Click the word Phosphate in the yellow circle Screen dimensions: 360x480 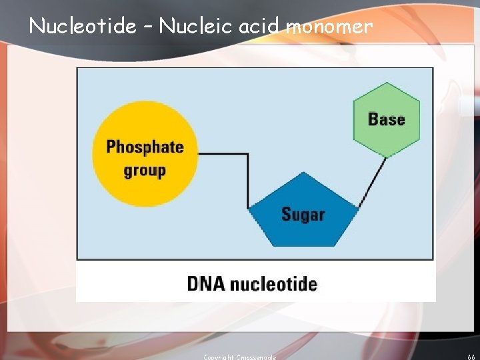pyautogui.click(x=145, y=147)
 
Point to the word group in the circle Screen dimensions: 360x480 pyautogui.click(x=145, y=171)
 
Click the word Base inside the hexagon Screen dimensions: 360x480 pyautogui.click(x=387, y=119)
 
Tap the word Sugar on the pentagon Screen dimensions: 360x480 pyautogui.click(x=303, y=215)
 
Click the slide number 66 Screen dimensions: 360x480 pyautogui.click(x=471, y=357)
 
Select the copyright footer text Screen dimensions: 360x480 pyautogui.click(x=239, y=357)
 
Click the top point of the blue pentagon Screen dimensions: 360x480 pyautogui.click(x=303, y=173)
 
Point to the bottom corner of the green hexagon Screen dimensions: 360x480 pyautogui.click(x=386, y=157)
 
